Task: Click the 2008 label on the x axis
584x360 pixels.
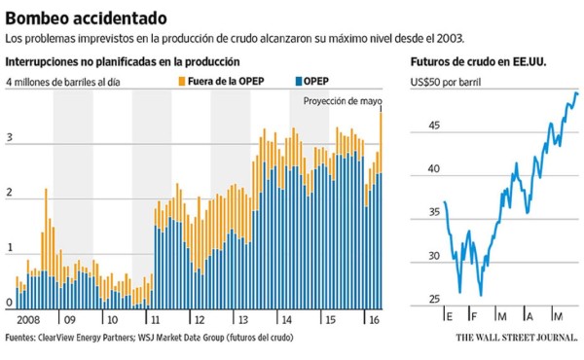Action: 28,319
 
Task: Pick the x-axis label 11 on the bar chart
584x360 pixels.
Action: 154,319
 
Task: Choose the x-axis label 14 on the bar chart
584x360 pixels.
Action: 285,319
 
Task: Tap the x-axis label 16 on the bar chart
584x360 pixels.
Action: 372,319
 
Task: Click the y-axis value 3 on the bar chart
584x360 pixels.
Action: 10,139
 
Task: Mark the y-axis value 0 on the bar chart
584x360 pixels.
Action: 10,303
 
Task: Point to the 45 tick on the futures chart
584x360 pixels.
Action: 434,125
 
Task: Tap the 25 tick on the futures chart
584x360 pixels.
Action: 434,300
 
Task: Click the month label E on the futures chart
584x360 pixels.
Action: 450,318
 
